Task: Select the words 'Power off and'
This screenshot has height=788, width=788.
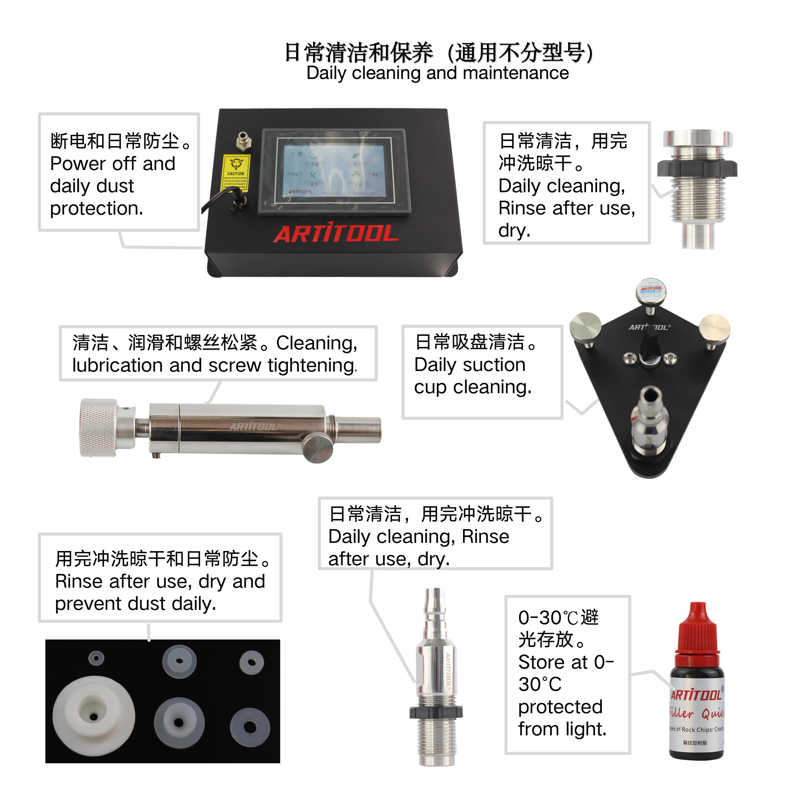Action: point(113,164)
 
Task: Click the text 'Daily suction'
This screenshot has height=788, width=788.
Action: point(470,365)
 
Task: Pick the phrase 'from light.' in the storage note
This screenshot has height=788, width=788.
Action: point(562,729)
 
